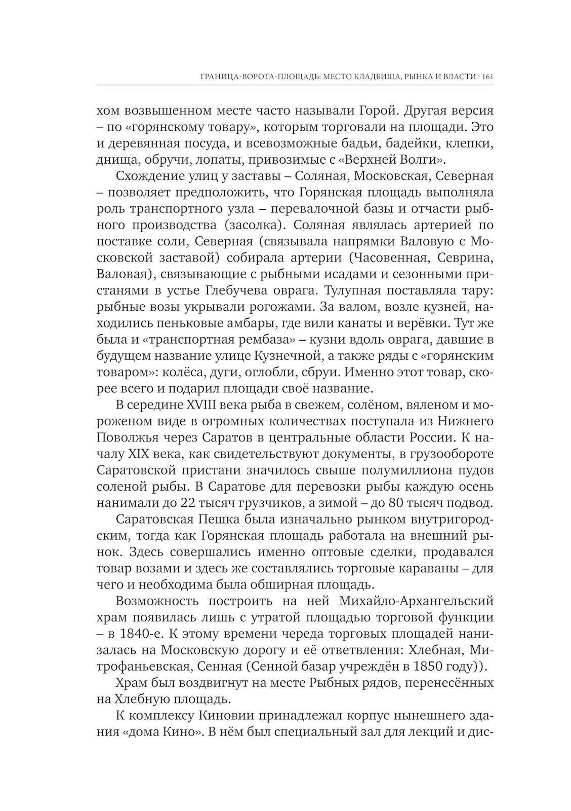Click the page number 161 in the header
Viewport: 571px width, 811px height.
click(x=487, y=77)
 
